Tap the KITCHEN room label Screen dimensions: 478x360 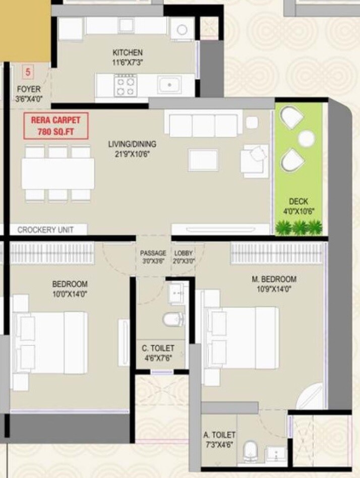pos(127,52)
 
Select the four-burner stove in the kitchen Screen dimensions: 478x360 pos(125,85)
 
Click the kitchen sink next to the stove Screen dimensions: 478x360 pos(169,85)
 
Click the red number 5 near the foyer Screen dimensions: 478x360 pos(28,71)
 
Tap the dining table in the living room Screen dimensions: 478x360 pos(58,173)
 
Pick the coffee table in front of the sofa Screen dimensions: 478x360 pos(203,160)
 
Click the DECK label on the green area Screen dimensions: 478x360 pos(298,202)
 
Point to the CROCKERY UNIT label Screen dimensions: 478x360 pos(45,230)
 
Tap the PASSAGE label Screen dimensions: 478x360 pos(153,253)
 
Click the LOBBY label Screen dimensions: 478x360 pos(184,253)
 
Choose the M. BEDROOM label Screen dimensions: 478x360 pos(274,279)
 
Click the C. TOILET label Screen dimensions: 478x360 pos(158,348)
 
